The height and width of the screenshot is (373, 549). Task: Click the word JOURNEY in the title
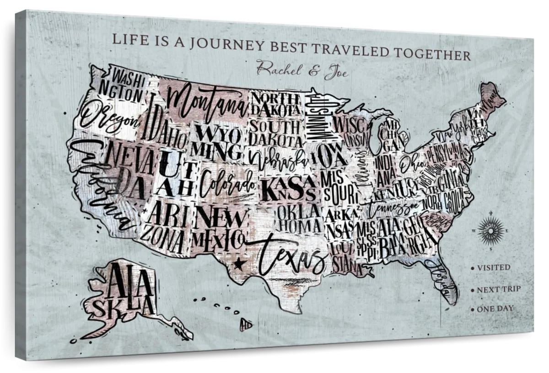(227, 44)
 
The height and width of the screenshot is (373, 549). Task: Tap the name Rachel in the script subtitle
(278, 69)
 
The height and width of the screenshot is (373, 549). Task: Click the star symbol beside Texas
(238, 263)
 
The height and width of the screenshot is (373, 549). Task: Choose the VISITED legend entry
(493, 267)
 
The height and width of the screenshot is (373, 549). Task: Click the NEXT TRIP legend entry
(498, 289)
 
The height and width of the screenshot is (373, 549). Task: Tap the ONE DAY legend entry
(495, 309)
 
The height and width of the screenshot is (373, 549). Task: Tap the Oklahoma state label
(298, 218)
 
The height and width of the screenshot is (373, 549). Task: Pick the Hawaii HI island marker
(246, 324)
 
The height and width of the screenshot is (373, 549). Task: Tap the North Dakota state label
(275, 104)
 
